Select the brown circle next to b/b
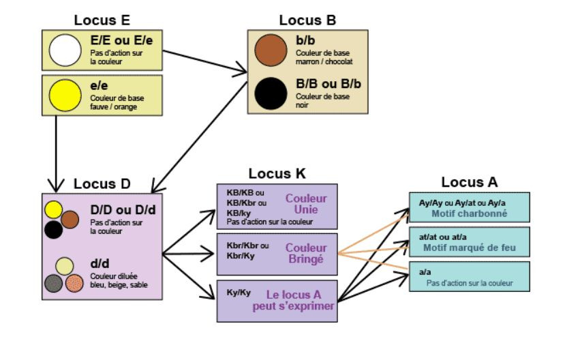(x=270, y=51)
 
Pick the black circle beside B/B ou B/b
(x=270, y=93)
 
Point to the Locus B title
(x=307, y=20)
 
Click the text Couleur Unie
(x=306, y=204)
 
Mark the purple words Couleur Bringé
(x=307, y=253)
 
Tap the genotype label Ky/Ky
(x=239, y=292)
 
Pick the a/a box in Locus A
(x=469, y=276)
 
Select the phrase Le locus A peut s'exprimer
(x=301, y=301)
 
